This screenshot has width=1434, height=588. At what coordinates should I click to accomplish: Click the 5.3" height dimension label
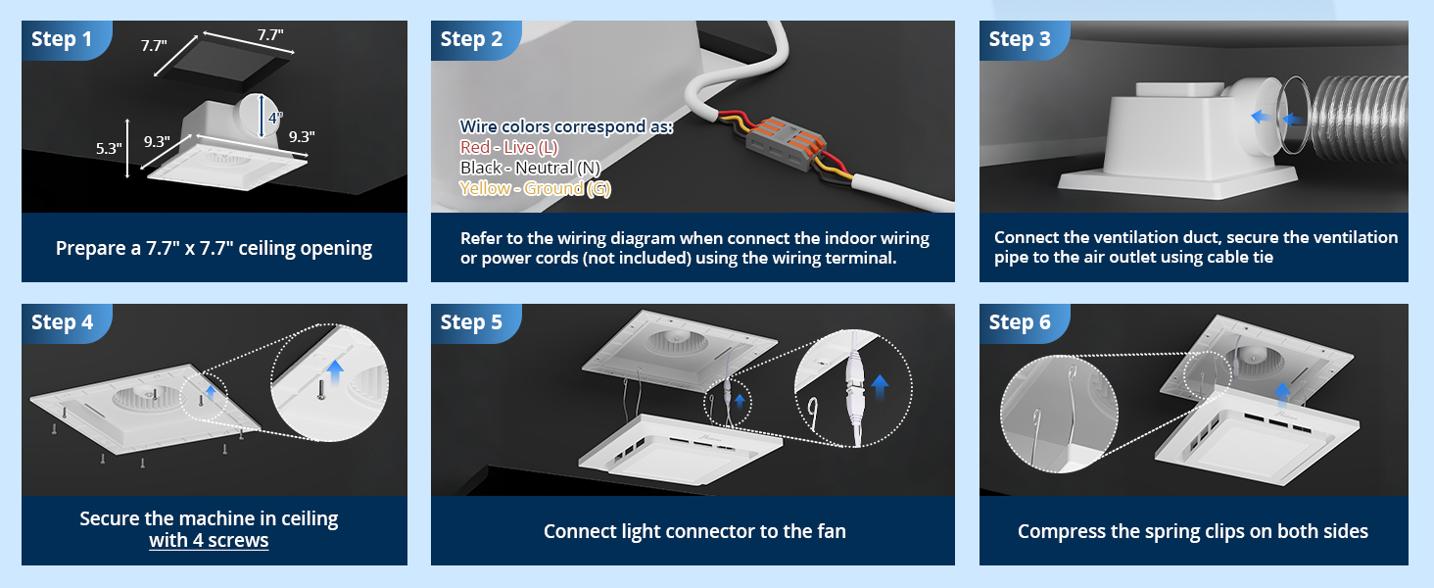[108, 149]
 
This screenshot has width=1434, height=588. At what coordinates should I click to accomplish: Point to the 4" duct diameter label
[275, 118]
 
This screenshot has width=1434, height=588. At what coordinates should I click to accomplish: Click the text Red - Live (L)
[509, 147]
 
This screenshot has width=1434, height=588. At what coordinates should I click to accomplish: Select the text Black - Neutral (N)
[530, 168]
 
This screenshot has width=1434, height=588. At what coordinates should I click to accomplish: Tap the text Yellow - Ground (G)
[535, 188]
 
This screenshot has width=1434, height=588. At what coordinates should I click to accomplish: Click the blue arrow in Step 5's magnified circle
[881, 387]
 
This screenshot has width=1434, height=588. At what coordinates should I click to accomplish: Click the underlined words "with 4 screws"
[209, 541]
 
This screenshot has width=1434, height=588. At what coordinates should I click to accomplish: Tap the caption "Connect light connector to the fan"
[694, 531]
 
